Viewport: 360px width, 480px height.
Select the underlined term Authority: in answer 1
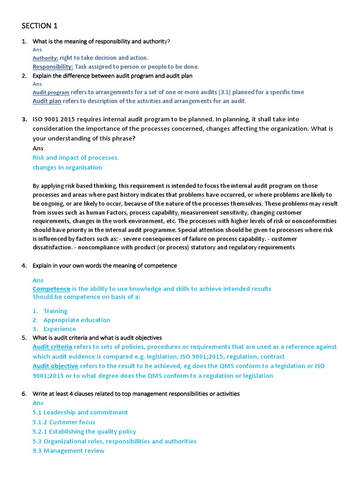tap(45, 58)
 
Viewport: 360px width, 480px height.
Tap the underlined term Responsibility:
tap(52, 67)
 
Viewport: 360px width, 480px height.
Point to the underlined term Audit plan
tap(47, 101)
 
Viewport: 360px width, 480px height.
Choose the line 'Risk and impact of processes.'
tap(75, 158)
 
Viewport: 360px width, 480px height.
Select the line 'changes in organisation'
tap(67, 167)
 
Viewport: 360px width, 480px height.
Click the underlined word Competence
tap(51, 289)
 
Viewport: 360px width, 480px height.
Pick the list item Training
tap(55, 311)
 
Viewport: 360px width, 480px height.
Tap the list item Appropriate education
tap(76, 320)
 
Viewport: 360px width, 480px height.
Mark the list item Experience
tap(60, 329)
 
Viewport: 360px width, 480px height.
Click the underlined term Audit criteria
tap(52, 347)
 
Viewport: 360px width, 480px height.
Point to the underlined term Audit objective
tap(55, 366)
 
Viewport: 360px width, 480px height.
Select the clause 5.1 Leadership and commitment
tap(80, 412)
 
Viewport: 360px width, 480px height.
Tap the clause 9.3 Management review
tap(68, 451)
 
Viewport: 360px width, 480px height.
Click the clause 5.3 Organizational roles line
tap(114, 442)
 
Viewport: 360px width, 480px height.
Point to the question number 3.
tap(24, 120)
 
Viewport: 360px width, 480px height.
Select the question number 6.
tap(24, 394)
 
